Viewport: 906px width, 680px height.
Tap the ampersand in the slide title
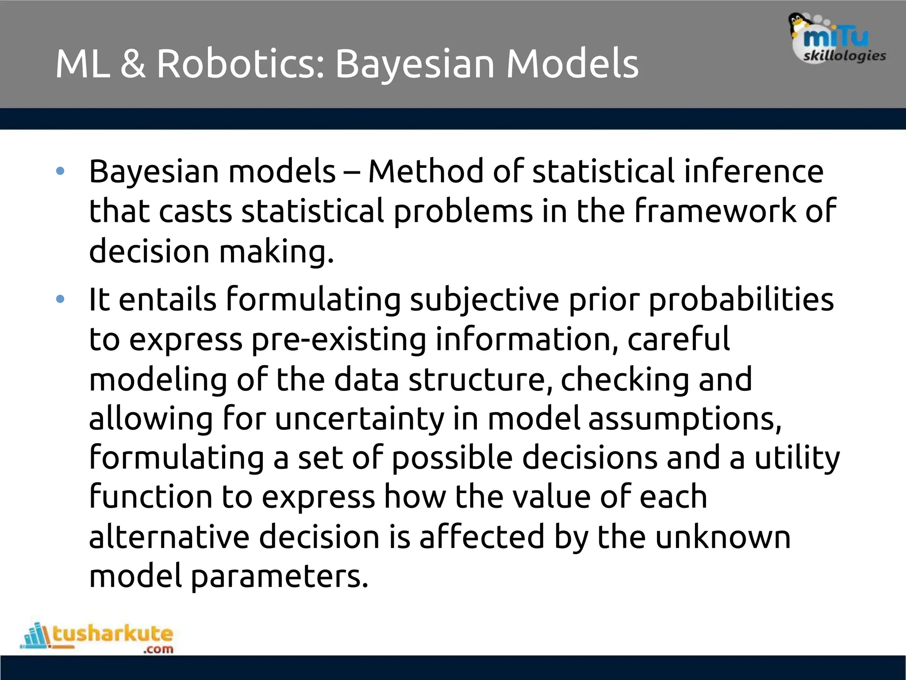[x=133, y=64]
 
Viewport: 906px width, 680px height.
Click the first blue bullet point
[x=61, y=171]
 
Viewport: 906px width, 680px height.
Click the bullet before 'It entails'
[x=61, y=300]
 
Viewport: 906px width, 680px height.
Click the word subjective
[x=484, y=300]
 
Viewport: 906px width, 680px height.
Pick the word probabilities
[x=741, y=300]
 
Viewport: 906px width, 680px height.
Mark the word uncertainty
[x=359, y=419]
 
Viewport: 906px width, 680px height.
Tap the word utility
[x=797, y=458]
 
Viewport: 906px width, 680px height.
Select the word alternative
[x=169, y=537]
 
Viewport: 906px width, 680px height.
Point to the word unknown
[x=722, y=537]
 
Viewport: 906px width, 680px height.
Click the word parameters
[x=280, y=576]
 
